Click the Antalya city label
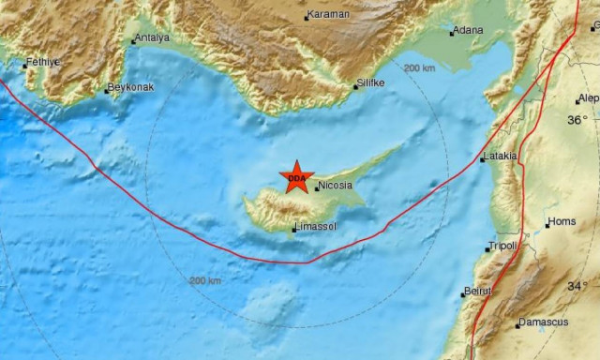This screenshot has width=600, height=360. point(152,38)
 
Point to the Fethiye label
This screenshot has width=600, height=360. point(42,62)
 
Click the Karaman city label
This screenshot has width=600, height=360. point(330,15)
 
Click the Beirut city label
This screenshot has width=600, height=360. point(478,292)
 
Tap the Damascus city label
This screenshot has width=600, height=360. point(545,322)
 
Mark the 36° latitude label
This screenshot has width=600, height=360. point(577,120)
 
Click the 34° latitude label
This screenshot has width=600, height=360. point(577,286)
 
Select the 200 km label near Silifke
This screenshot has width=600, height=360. point(419,67)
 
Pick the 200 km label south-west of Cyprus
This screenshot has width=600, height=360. point(205,280)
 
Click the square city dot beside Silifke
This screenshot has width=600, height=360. point(356,89)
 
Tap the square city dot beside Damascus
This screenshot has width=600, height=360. point(517,325)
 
